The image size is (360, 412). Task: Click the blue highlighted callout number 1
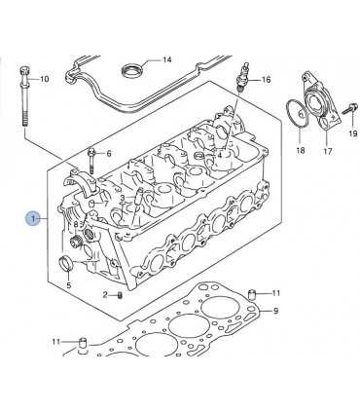coord(34,218)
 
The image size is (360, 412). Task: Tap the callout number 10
coord(44,79)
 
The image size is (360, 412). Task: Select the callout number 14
coord(166,59)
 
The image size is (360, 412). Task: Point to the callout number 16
coord(266,80)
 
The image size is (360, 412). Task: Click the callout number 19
coord(353,133)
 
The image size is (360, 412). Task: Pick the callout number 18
coord(301,150)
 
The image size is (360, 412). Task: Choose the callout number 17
coord(328,151)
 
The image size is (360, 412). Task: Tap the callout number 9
coord(275,311)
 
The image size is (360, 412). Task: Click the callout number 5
coord(69,285)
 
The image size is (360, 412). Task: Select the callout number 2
coord(105,295)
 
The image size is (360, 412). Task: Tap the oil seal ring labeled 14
coord(132,70)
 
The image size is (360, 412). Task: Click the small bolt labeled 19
coord(350,108)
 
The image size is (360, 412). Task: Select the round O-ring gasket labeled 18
coord(299,114)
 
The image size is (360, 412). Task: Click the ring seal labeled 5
coord(67,263)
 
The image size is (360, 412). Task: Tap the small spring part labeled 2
coord(120,295)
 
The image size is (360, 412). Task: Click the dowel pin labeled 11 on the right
coord(252,294)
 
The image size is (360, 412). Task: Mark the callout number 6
coord(109,153)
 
